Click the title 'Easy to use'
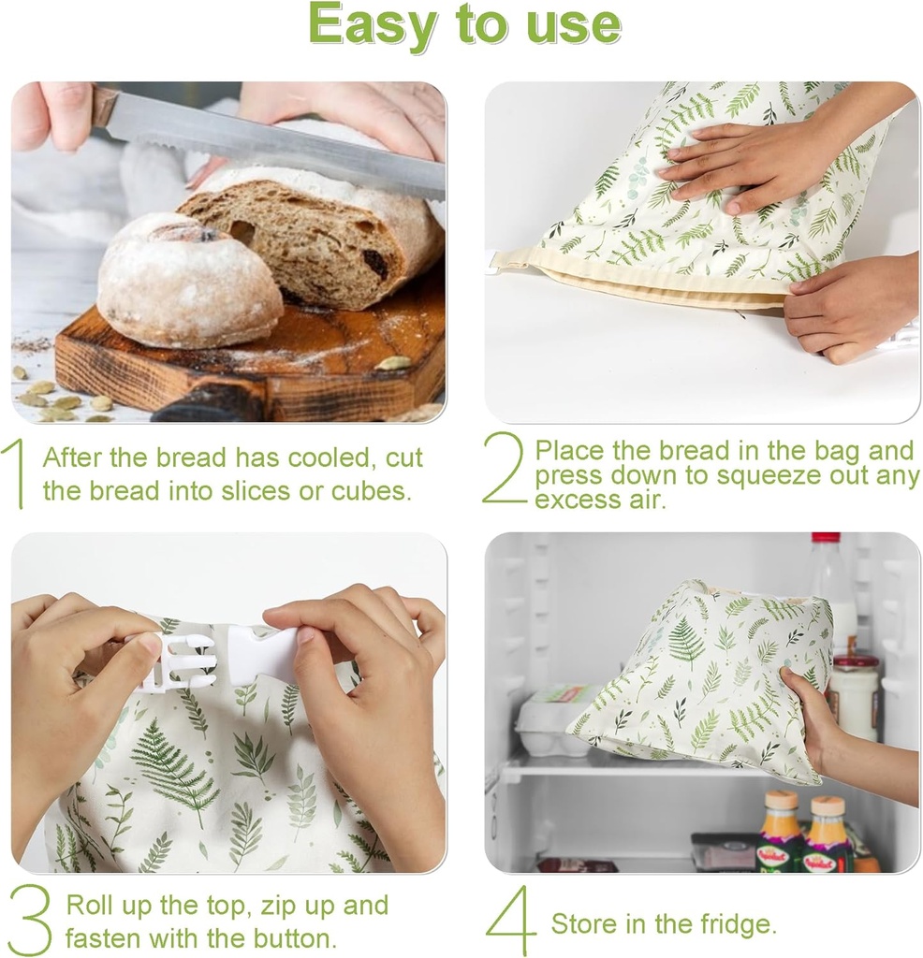click(464, 26)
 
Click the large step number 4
click(512, 921)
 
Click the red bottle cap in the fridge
click(826, 538)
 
